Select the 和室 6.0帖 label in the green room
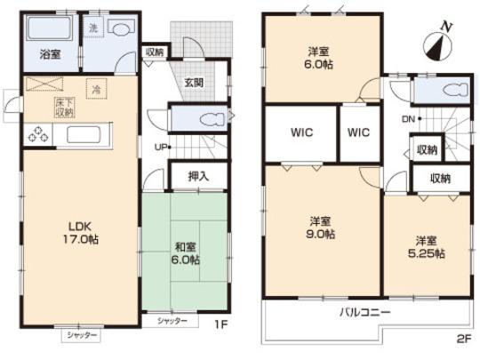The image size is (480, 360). click(184, 252)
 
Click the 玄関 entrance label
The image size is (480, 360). click(194, 83)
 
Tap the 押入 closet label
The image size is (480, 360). click(198, 175)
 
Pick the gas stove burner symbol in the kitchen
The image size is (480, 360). click(39, 135)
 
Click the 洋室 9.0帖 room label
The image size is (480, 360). click(322, 227)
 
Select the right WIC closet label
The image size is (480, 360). click(358, 134)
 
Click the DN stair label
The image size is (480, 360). click(408, 118)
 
